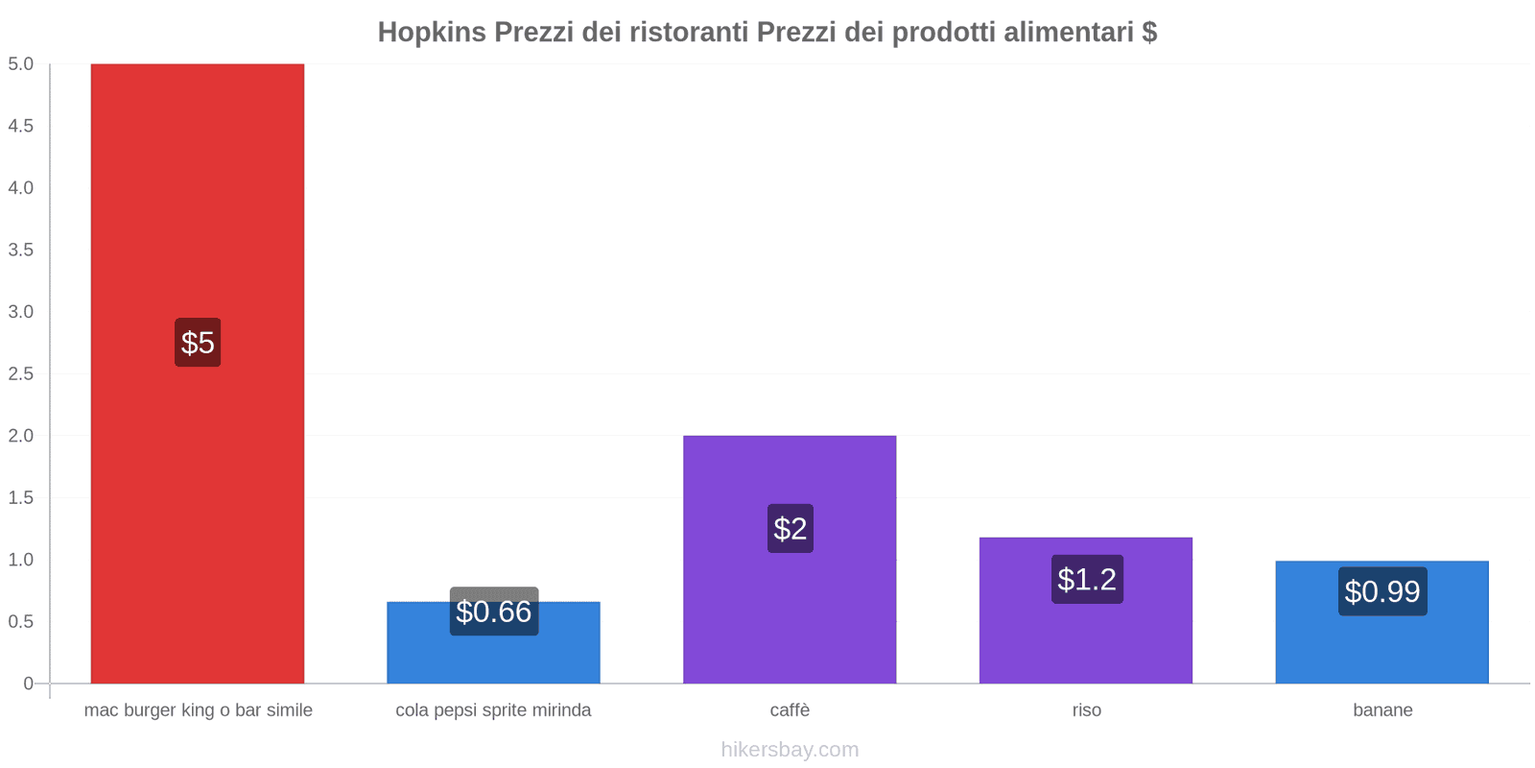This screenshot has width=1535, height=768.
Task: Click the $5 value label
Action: pyautogui.click(x=198, y=343)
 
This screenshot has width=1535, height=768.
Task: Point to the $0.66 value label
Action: pyautogui.click(x=494, y=612)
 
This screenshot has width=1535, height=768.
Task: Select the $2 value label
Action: pyautogui.click(x=791, y=528)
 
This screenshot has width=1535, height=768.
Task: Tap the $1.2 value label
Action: pyautogui.click(x=1087, y=579)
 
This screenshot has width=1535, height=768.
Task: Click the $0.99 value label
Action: pyautogui.click(x=1382, y=591)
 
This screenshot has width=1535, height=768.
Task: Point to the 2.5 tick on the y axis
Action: pyautogui.click(x=21, y=373)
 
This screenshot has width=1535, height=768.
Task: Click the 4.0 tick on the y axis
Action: pyautogui.click(x=21, y=188)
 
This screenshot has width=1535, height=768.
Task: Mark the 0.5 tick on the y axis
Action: pyautogui.click(x=21, y=621)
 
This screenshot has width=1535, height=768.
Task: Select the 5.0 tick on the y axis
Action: pyautogui.click(x=21, y=64)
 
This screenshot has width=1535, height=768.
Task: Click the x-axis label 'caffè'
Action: pyautogui.click(x=790, y=710)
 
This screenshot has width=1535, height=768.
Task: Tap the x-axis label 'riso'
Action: pyautogui.click(x=1086, y=710)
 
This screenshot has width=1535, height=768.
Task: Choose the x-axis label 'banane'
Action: pyautogui.click(x=1382, y=710)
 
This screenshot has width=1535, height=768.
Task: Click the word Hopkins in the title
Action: pyautogui.click(x=431, y=33)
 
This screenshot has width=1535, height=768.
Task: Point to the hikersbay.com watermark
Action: pyautogui.click(x=790, y=750)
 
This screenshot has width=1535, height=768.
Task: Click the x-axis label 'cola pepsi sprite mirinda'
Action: pyautogui.click(x=493, y=710)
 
